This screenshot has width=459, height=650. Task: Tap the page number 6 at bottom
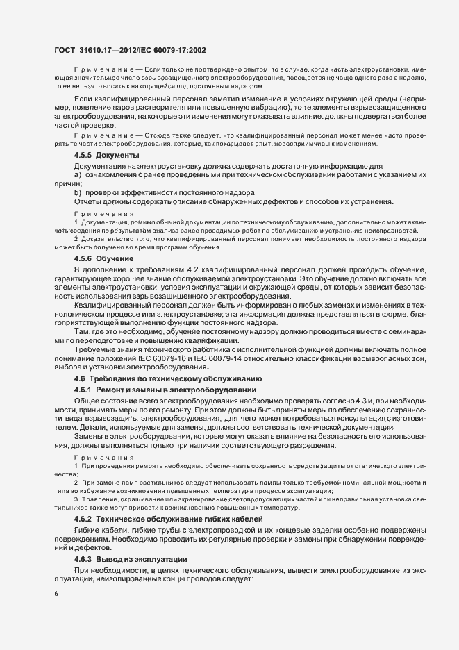pos(56,594)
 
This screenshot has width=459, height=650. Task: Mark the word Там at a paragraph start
pos(81,331)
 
